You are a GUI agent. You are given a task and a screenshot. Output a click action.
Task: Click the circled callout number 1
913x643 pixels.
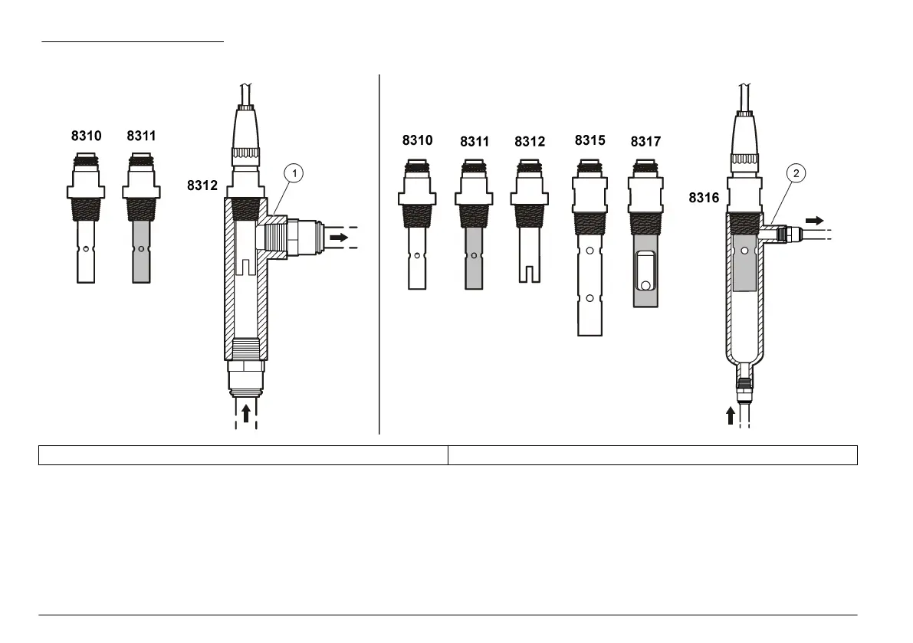point(294,173)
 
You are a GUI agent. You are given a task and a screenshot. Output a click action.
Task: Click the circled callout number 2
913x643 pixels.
point(796,173)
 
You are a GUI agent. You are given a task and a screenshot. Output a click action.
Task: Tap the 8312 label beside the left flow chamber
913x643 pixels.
point(202,185)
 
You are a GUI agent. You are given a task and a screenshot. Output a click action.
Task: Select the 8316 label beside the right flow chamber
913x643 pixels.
point(704,198)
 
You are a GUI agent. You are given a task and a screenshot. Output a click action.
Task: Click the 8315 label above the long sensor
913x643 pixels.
point(590,140)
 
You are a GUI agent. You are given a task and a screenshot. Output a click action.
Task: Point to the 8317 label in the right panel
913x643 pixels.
point(645,142)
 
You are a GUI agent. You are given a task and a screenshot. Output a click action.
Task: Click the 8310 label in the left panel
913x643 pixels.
point(86,136)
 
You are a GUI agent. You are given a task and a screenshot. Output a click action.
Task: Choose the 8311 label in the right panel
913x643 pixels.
point(475,142)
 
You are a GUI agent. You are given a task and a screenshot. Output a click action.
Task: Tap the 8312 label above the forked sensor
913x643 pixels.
point(530,142)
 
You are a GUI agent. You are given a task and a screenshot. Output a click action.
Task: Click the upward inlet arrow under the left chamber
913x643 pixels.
point(246,413)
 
